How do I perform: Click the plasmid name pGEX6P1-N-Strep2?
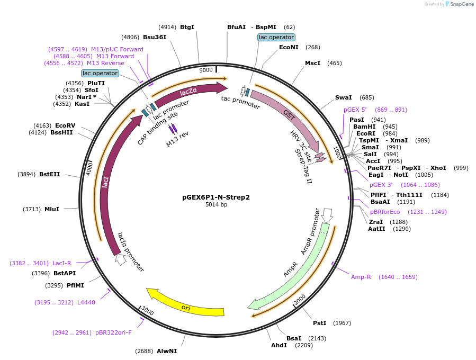pos(215,197)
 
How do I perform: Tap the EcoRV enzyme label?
pos(65,125)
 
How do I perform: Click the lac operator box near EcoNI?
pos(276,38)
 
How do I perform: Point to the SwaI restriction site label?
pos(343,97)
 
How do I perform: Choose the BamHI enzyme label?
pos(364,127)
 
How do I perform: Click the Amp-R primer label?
pos(361,277)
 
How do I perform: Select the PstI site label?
pos(319,323)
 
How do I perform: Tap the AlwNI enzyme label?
pos(167,351)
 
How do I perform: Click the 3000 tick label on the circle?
pos(148,312)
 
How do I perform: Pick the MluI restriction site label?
pos(52,209)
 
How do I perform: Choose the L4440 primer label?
pos(86,302)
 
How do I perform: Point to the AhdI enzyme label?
pos(279,345)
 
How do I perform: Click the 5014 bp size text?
pos(216,205)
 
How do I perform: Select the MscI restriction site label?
pos(312,63)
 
